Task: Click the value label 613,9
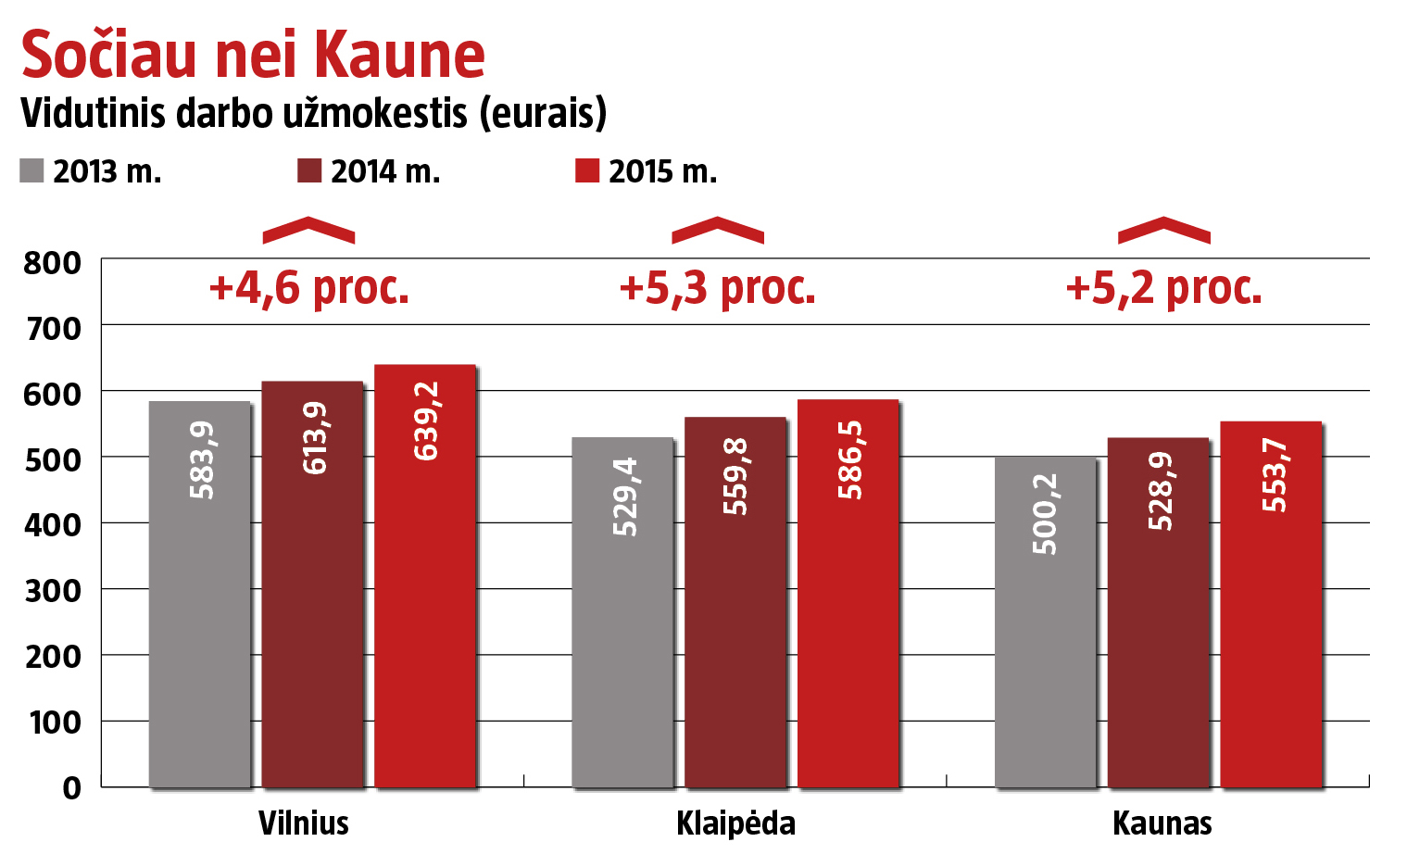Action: pyautogui.click(x=315, y=438)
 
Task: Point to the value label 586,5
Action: pyautogui.click(x=849, y=459)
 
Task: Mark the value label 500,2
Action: pyautogui.click(x=1045, y=514)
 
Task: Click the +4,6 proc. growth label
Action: pyautogui.click(x=309, y=288)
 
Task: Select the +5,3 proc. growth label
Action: pyautogui.click(x=718, y=288)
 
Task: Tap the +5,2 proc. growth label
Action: pyautogui.click(x=1164, y=288)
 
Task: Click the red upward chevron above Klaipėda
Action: pyautogui.click(x=718, y=231)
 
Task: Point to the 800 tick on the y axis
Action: pyautogui.click(x=53, y=263)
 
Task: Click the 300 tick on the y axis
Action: pyautogui.click(x=53, y=590)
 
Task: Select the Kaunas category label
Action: pyautogui.click(x=1162, y=823)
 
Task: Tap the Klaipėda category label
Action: pyautogui.click(x=735, y=823)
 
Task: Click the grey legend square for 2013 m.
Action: pyautogui.click(x=31, y=171)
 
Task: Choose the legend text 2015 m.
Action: pyautogui.click(x=662, y=171)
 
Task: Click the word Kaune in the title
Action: pyautogui.click(x=399, y=55)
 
